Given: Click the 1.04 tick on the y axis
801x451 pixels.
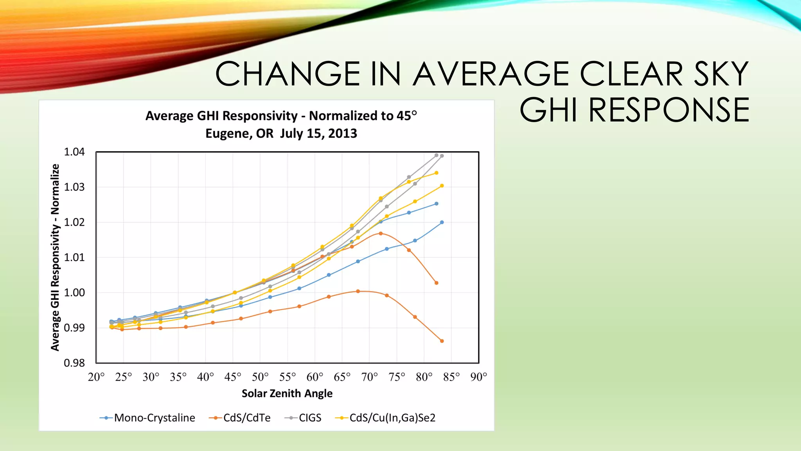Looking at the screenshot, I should pyautogui.click(x=74, y=152).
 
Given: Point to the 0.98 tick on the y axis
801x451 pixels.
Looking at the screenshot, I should pyautogui.click(x=74, y=363).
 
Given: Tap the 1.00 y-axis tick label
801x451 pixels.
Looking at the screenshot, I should pyautogui.click(x=74, y=292).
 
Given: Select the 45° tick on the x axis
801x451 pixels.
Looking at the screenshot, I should pyautogui.click(x=233, y=377).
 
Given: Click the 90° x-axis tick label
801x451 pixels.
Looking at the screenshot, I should pyautogui.click(x=479, y=377).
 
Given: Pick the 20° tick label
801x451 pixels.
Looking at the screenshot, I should pyautogui.click(x=96, y=377).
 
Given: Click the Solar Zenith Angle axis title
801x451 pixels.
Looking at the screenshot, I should pyautogui.click(x=287, y=393).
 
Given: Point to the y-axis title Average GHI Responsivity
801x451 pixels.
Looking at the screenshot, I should pyautogui.click(x=55, y=257).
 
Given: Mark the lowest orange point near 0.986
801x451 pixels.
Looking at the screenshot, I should pyautogui.click(x=442, y=341).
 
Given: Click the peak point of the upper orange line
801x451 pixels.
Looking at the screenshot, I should pyautogui.click(x=381, y=233).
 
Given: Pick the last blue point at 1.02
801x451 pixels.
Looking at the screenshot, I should pyautogui.click(x=442, y=222).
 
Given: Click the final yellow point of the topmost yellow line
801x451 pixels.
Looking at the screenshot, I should pyautogui.click(x=436, y=173).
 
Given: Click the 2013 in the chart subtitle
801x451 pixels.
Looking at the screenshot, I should pyautogui.click(x=343, y=133).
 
